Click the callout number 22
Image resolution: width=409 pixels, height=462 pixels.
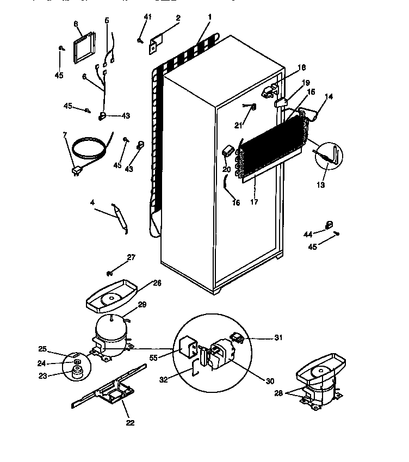130,422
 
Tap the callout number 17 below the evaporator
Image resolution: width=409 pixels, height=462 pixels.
254,202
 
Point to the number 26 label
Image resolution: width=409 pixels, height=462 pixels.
157,283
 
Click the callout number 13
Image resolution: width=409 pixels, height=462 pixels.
321,186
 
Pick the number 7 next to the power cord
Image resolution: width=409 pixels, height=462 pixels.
65,134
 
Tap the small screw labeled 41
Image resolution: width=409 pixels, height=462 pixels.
140,40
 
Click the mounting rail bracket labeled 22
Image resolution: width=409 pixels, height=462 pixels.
111,390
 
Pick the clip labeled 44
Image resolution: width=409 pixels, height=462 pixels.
329,225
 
